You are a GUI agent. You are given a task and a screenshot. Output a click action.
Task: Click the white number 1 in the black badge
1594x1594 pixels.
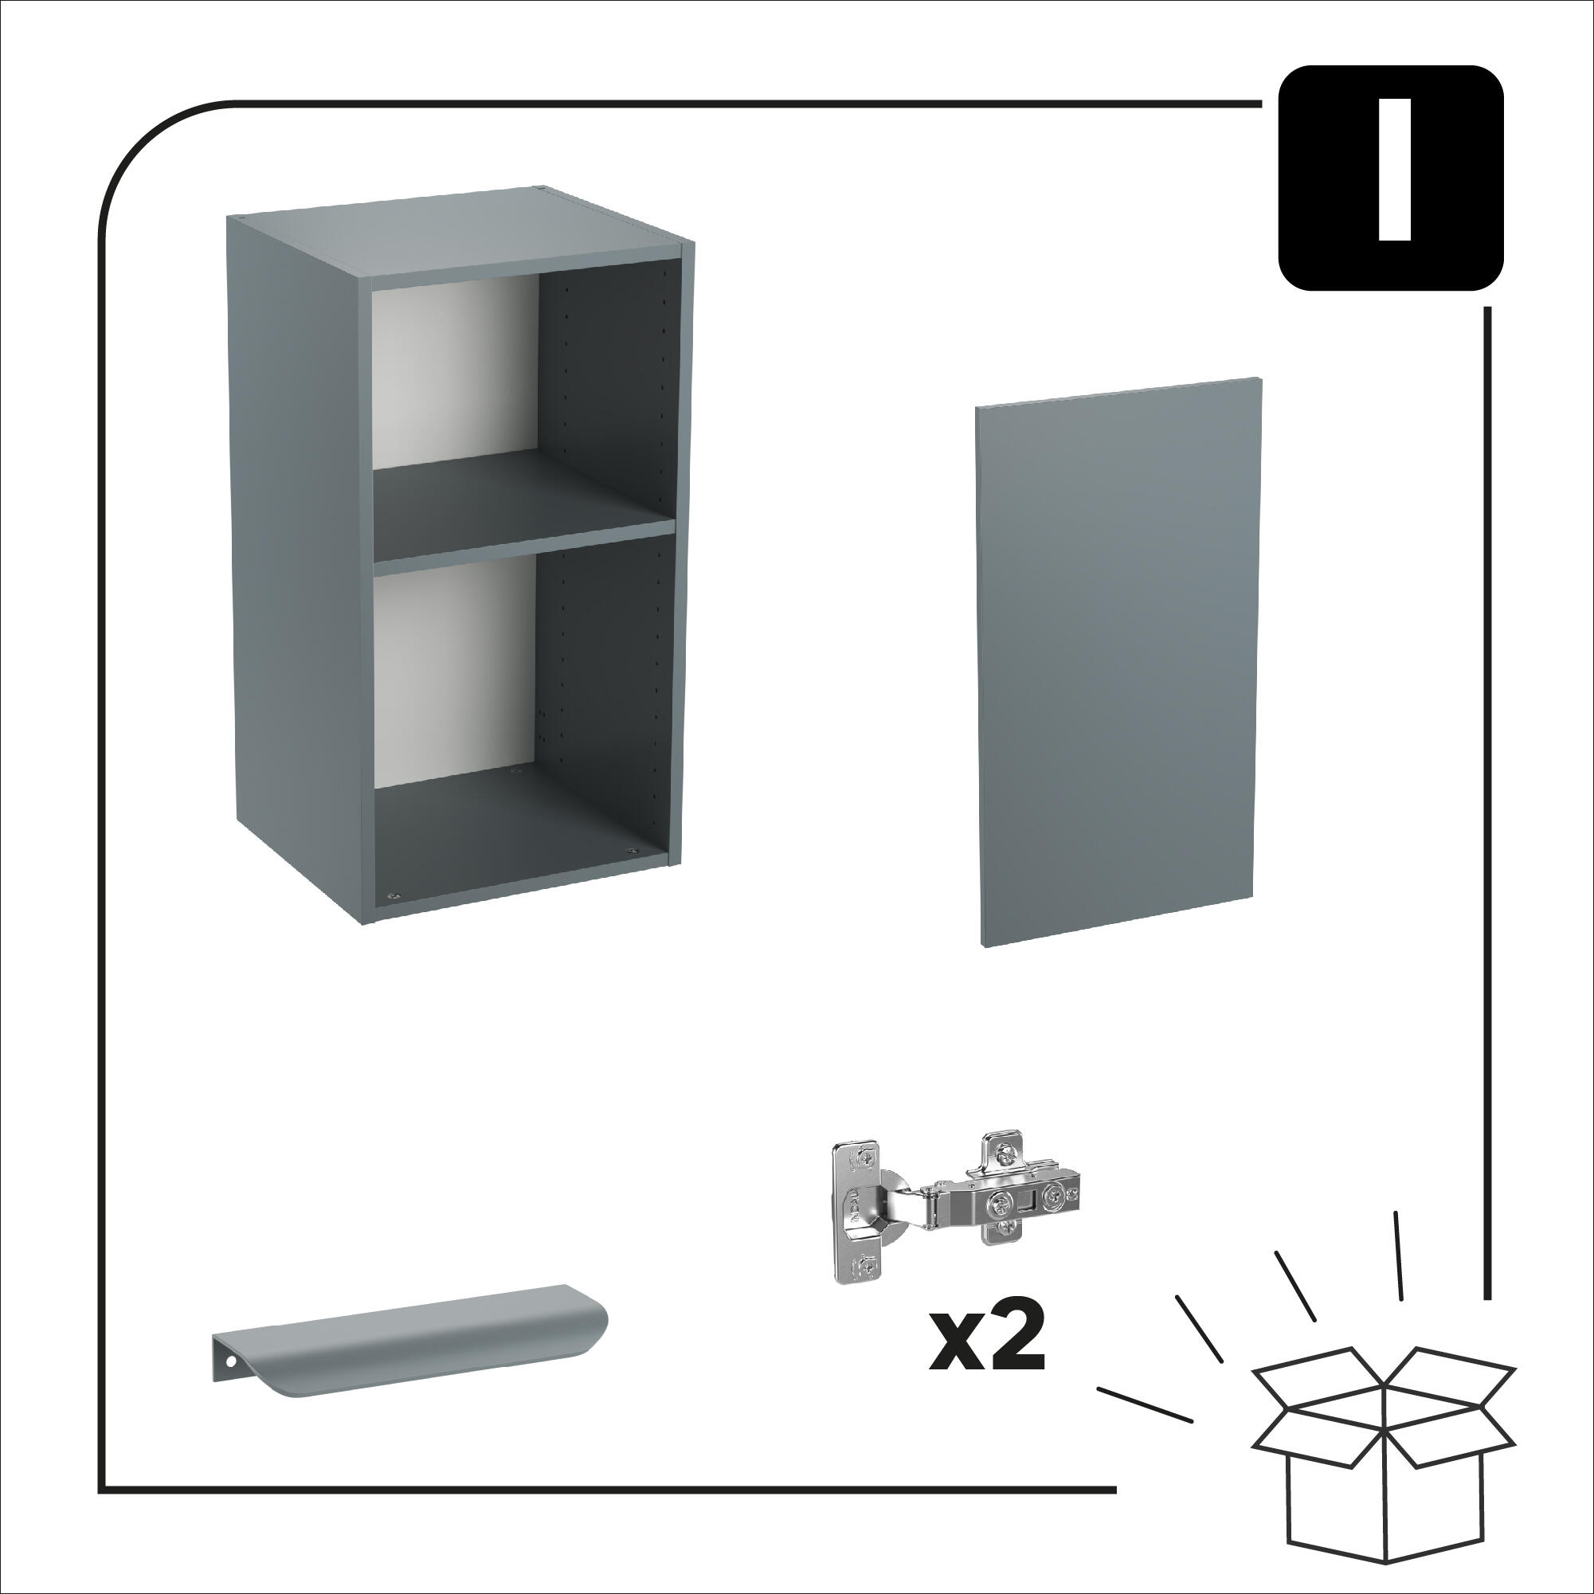[1393, 170]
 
